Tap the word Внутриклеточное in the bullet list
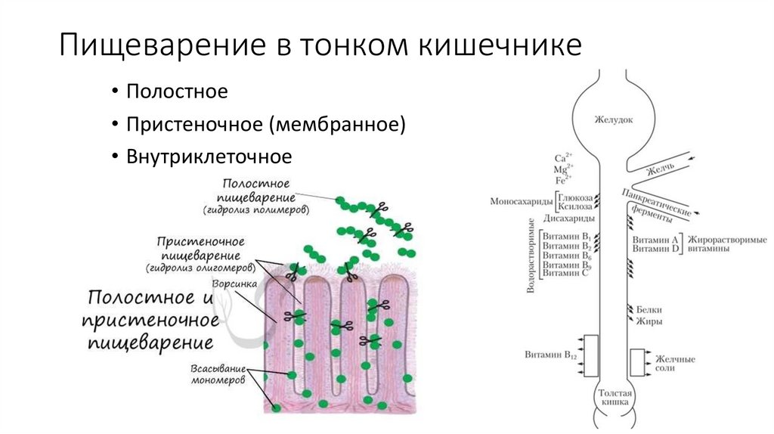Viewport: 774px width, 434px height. coord(209,157)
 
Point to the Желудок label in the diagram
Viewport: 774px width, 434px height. coord(613,119)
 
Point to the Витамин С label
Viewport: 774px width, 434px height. coord(565,274)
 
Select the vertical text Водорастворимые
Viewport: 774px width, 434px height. coord(531,256)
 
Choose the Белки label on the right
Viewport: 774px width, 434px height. coord(649,309)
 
